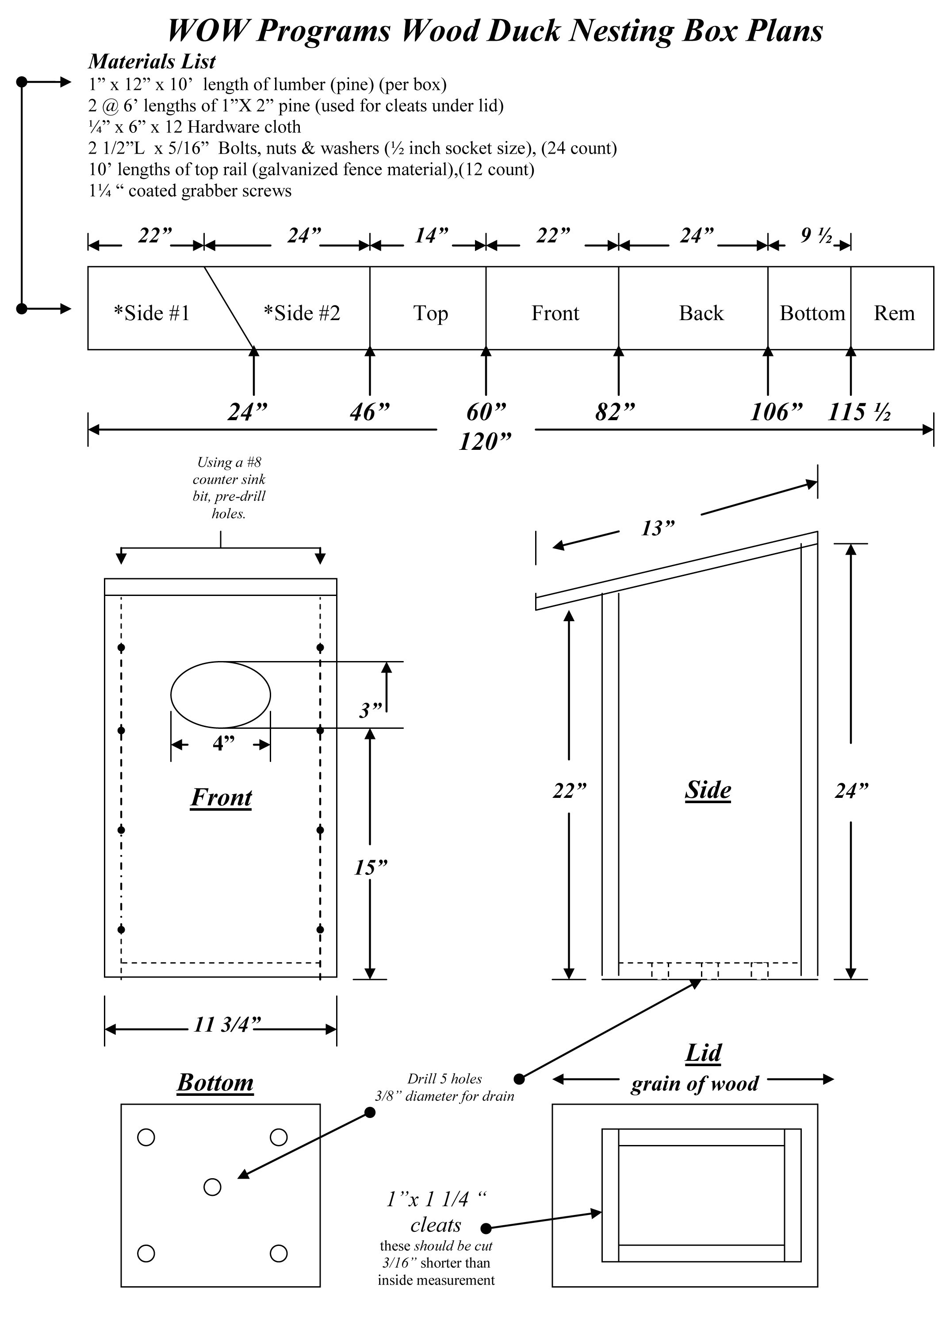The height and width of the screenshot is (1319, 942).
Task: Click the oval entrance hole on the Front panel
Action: [220, 694]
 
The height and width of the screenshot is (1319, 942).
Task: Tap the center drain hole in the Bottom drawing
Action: [212, 1187]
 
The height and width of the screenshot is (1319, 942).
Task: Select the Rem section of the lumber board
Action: [893, 313]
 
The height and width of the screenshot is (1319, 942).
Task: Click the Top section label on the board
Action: [430, 313]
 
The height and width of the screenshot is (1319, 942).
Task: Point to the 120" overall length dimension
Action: [485, 442]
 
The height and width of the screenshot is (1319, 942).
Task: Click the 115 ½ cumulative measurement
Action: [859, 413]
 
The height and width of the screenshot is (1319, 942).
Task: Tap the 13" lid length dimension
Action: [658, 529]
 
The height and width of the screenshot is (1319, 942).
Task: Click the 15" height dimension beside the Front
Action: [371, 868]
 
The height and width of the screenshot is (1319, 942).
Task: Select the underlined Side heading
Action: [708, 791]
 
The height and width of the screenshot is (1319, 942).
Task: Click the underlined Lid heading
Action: [703, 1053]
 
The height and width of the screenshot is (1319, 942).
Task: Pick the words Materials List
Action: [152, 62]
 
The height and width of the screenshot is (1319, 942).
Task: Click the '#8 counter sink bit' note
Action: [229, 487]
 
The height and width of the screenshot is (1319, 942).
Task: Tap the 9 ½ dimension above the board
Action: [816, 236]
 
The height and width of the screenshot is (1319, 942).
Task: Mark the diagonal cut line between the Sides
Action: [229, 308]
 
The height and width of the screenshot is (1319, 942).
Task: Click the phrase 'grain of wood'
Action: [694, 1084]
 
